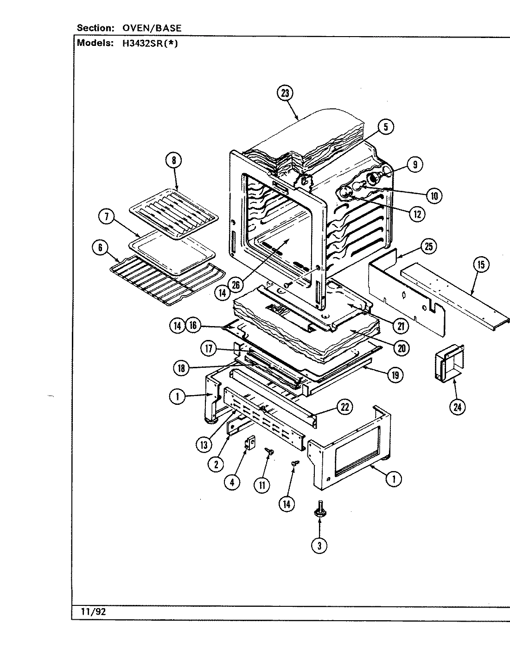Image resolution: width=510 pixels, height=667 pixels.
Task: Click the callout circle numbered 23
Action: pos(285,93)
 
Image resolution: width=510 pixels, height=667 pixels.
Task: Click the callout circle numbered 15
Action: pos(481,264)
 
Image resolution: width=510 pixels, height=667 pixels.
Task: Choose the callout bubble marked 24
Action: pos(458,407)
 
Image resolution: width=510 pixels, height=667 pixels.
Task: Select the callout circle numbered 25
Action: pos(428,246)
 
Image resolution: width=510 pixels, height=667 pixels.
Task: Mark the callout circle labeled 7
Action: pos(107,218)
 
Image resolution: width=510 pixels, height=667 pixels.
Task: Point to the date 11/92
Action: pos(95,611)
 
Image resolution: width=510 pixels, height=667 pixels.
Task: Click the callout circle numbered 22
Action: pos(344,407)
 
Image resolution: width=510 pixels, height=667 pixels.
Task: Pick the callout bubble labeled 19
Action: pos(395,375)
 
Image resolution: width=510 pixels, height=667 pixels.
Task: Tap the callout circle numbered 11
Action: pos(262,485)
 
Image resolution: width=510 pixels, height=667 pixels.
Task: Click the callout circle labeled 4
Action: pos(232,482)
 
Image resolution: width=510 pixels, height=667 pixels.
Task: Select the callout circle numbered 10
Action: pos(433,195)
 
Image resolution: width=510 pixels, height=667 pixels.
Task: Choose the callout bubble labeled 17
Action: pos(209,349)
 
